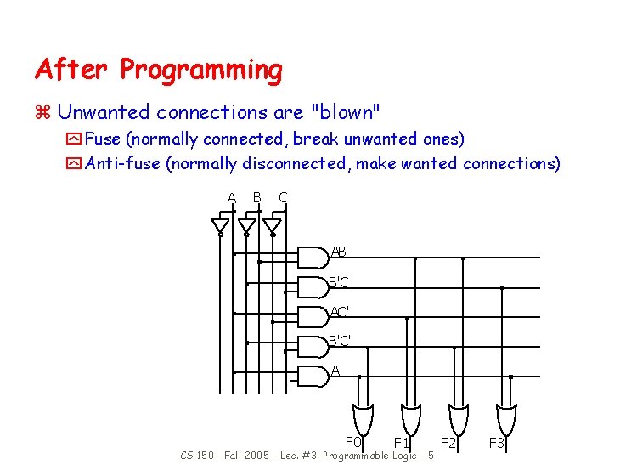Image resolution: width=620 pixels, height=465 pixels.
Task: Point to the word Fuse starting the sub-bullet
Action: coord(103,139)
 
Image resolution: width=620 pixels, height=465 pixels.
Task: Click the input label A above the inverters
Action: coord(231,198)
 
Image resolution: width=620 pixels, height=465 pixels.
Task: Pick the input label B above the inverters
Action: coord(256,197)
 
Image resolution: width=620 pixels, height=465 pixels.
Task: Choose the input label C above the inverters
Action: coord(283,197)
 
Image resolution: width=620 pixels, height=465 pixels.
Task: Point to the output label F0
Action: coord(353,442)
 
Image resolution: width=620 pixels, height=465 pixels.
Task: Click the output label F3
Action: coord(497,443)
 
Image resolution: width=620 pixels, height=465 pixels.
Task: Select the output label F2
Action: coord(448,443)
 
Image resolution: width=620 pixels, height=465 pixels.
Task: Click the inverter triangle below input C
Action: coord(272,226)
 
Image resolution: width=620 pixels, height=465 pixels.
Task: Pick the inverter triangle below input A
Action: coord(220,226)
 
